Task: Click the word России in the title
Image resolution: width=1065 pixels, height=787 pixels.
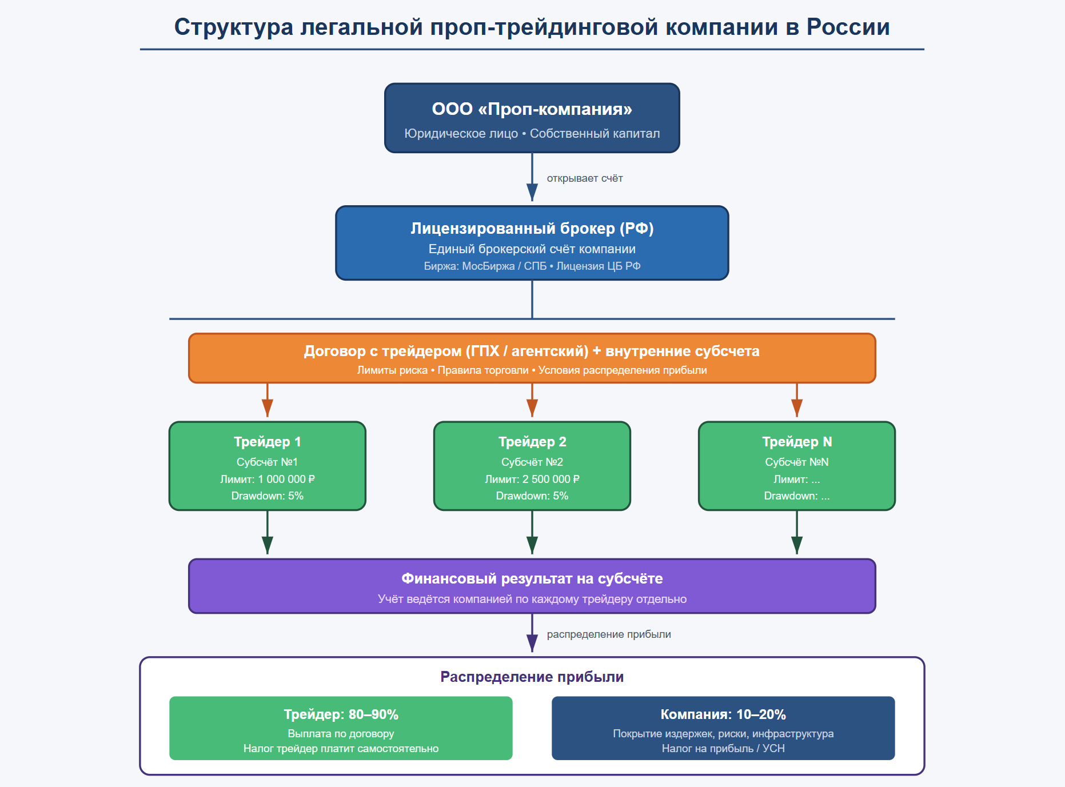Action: pos(848,27)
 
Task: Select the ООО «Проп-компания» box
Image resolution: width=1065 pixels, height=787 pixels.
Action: pos(532,118)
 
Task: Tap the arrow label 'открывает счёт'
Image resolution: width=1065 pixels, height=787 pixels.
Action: pos(585,178)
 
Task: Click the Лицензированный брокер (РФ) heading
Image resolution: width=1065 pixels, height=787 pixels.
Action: pos(532,228)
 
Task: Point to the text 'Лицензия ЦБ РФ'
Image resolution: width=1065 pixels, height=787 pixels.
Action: pos(599,266)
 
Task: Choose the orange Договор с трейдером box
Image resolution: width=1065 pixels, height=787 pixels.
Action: pos(532,358)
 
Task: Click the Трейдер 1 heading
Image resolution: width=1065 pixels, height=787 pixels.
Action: pos(268,442)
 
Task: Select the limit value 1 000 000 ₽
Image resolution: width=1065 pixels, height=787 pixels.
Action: pos(286,479)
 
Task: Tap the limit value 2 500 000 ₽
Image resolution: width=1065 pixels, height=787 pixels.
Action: pos(551,479)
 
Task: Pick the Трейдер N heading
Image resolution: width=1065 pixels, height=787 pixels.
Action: pos(797,442)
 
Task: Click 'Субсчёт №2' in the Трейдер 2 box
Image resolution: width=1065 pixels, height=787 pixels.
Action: pos(532,462)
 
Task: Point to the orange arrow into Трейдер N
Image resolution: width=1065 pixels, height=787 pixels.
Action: pos(797,400)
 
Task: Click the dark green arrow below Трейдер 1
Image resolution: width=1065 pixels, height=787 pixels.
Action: pos(268,532)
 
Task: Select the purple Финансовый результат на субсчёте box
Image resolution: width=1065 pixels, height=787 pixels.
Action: pos(532,586)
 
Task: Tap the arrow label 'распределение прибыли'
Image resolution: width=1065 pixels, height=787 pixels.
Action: pos(609,634)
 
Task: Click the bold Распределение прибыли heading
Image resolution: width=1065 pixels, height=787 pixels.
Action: pos(532,677)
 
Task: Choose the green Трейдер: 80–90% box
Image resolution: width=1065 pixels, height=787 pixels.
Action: pos(341,728)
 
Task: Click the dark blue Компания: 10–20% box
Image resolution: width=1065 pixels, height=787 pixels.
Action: pos(723,728)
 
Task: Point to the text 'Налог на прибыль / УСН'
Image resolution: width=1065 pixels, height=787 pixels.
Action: pos(723,748)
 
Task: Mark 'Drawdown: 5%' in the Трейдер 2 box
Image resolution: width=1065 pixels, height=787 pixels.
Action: pos(532,496)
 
